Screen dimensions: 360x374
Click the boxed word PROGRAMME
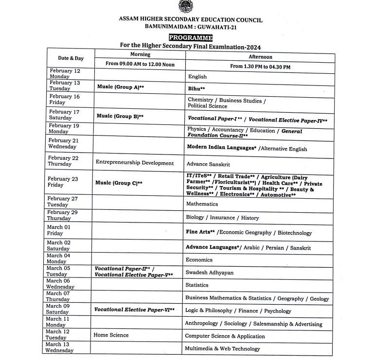click(x=191, y=37)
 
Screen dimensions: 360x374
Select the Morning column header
click(x=140, y=54)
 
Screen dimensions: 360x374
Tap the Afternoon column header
click(x=260, y=56)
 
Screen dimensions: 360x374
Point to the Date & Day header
click(x=71, y=58)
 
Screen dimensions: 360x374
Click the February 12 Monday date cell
click(x=65, y=73)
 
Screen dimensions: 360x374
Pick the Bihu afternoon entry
click(x=196, y=89)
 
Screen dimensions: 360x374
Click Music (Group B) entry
click(x=120, y=117)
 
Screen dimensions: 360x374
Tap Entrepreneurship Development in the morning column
click(x=135, y=163)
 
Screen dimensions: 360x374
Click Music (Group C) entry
click(x=120, y=183)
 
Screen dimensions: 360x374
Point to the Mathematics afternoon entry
click(x=202, y=204)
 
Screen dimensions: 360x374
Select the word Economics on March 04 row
click(x=199, y=260)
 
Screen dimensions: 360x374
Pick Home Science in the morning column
click(x=112, y=335)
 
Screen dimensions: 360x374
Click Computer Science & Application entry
click(x=225, y=336)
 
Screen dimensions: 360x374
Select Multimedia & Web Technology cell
click(x=222, y=348)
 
